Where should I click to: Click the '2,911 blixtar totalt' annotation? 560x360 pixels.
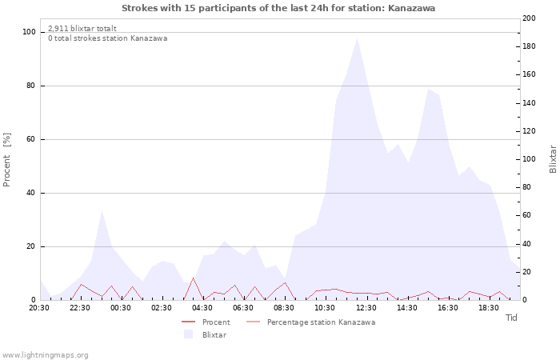tap(82, 28)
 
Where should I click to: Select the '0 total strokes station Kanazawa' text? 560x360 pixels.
tap(107, 38)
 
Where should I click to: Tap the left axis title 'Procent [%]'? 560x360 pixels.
tap(7, 159)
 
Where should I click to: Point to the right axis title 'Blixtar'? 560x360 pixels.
tap(552, 159)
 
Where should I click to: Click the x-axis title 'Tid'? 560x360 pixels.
tap(511, 318)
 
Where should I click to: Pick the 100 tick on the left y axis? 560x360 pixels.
tap(29, 32)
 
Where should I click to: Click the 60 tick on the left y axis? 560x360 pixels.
tap(31, 139)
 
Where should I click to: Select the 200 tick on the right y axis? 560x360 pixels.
tap(529, 18)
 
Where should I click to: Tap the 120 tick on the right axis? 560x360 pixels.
tap(529, 131)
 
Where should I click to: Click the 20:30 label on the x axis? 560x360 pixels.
tap(39, 308)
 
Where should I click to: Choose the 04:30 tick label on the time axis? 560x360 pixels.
tap(202, 308)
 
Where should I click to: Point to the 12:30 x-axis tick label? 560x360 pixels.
tap(366, 308)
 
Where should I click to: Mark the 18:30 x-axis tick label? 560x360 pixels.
tap(488, 308)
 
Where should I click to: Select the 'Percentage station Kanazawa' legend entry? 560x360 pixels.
tap(321, 322)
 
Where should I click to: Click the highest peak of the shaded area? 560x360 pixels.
tap(357, 38)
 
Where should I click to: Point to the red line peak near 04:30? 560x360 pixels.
tap(193, 278)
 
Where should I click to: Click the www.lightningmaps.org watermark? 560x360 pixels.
tap(45, 355)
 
